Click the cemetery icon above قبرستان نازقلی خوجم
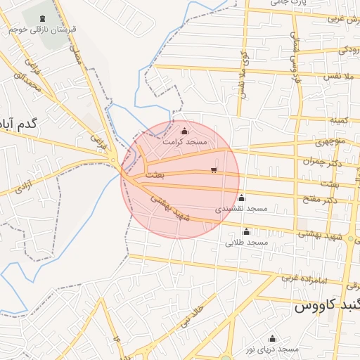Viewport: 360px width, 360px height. [x=43, y=18]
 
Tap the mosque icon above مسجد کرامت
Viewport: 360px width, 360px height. [x=185, y=131]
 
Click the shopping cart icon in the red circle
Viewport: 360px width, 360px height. [x=214, y=170]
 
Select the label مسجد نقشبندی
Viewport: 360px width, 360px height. [x=241, y=209]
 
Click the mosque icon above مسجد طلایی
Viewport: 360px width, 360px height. [x=246, y=232]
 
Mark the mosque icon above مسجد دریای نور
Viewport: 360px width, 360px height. [x=273, y=338]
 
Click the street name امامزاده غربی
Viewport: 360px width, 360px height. [x=305, y=278]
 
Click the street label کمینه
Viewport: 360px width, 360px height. [x=340, y=121]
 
